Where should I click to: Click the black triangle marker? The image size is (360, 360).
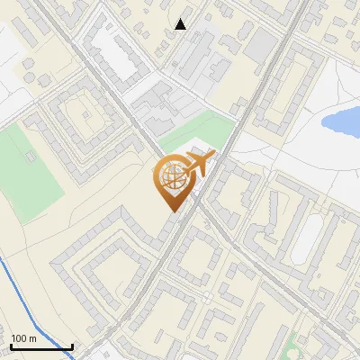coord(181,24)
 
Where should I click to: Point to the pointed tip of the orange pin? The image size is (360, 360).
coord(171,211)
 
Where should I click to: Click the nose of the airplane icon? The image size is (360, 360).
coord(213,156)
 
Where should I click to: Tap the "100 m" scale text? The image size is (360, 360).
coord(23,338)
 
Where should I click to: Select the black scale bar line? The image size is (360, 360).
coord(41,346)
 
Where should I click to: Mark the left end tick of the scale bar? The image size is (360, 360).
coord(11,345)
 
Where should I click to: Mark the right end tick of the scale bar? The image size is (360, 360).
coord(72,345)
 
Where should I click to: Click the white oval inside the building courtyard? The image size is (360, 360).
coord(308,236)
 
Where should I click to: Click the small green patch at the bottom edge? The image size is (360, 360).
coord(297,346)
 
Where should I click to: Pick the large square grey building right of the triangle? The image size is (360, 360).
coord(261,45)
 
